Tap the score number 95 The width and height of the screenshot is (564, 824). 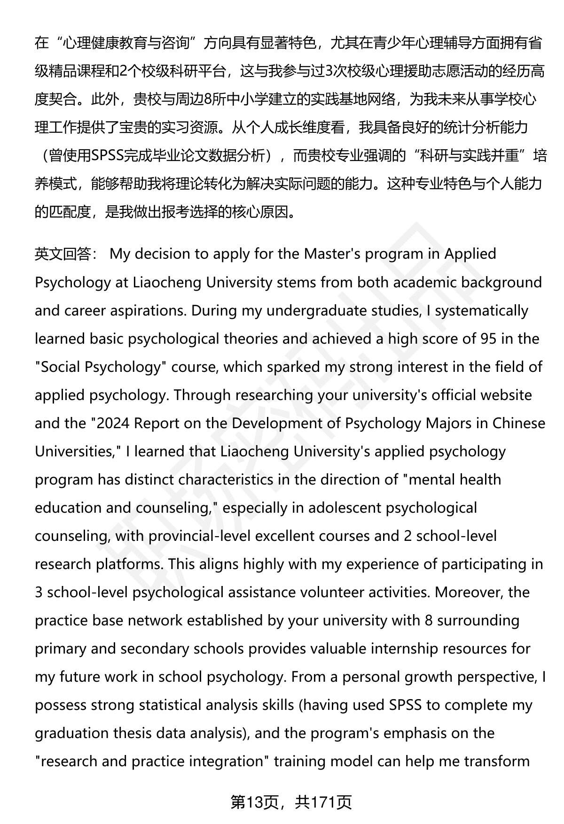pyautogui.click(x=488, y=339)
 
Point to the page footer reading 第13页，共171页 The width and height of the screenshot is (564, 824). pyautogui.click(x=291, y=802)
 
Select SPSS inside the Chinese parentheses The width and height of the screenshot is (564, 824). pyautogui.click(x=107, y=156)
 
